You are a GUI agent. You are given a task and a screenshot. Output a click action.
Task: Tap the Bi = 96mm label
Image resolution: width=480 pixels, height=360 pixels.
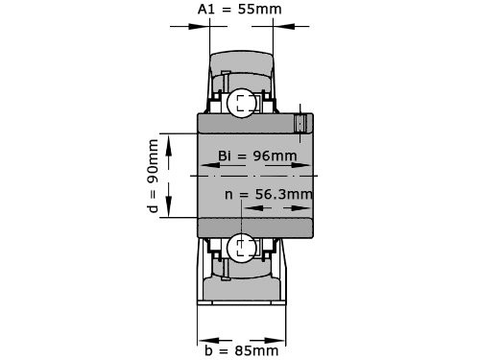tap(257, 156)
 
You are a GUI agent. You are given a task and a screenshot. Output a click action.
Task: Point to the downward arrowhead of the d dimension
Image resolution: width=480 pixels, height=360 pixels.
tap(169, 213)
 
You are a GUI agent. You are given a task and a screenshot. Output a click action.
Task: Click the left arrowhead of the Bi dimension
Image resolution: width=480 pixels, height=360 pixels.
tap(203, 166)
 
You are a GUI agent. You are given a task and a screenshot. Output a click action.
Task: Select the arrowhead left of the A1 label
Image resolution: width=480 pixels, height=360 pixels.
tap(204, 26)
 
